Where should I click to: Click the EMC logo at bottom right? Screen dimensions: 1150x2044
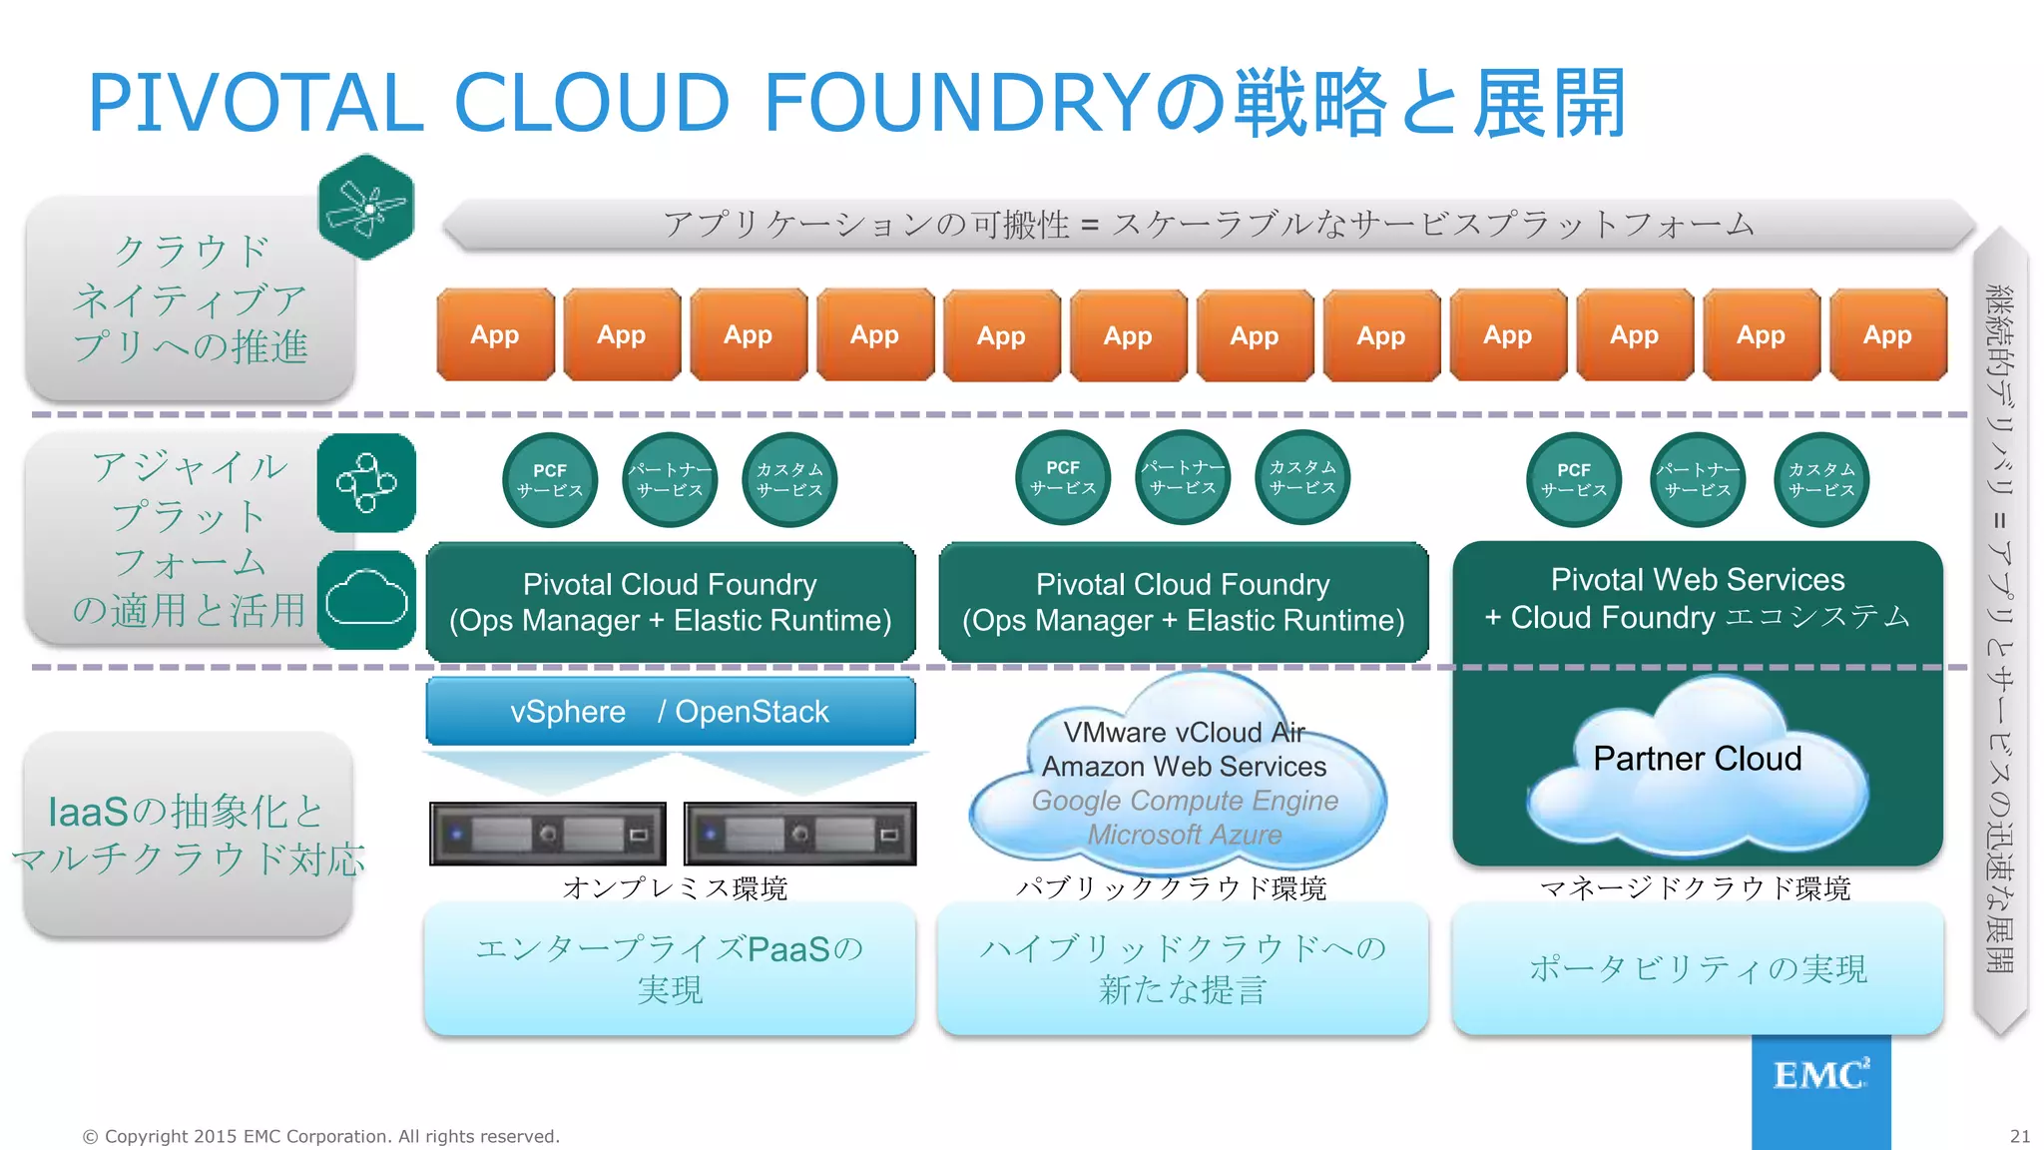tap(1820, 1076)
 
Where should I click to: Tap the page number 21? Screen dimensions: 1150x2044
tap(2019, 1136)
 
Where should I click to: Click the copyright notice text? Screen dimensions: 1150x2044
tap(321, 1136)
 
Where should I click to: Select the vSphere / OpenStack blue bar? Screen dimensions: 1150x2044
tap(670, 712)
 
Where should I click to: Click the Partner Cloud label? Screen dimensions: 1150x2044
tap(1697, 759)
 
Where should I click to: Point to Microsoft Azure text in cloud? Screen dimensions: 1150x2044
tap(1184, 835)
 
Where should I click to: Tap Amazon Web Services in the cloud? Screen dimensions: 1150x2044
tap(1184, 767)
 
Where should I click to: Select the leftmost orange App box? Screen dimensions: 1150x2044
tap(494, 335)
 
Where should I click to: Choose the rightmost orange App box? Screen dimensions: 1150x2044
tap(1887, 335)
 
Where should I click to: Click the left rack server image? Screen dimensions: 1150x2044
tap(547, 834)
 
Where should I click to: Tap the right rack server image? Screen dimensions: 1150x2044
tap(799, 834)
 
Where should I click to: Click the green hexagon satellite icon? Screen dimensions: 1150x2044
tap(366, 208)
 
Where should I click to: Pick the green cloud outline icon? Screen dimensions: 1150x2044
tap(366, 599)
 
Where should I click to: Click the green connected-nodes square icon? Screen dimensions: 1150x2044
tap(366, 483)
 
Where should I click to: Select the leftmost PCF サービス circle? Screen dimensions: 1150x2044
tap(550, 480)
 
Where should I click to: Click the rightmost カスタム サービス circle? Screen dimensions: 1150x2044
tap(1821, 480)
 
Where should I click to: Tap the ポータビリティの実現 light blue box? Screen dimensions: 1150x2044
tap(1697, 968)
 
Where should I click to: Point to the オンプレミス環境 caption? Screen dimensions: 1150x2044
tap(675, 887)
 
